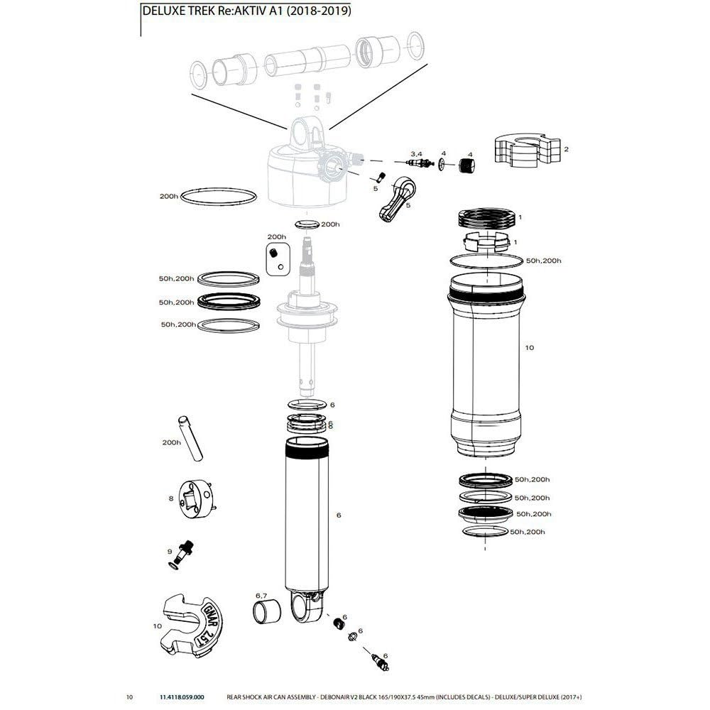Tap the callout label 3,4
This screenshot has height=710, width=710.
coord(416,153)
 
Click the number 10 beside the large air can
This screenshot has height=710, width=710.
coord(529,348)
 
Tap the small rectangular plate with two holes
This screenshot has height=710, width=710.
coord(277,258)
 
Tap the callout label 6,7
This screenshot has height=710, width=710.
coord(261,595)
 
